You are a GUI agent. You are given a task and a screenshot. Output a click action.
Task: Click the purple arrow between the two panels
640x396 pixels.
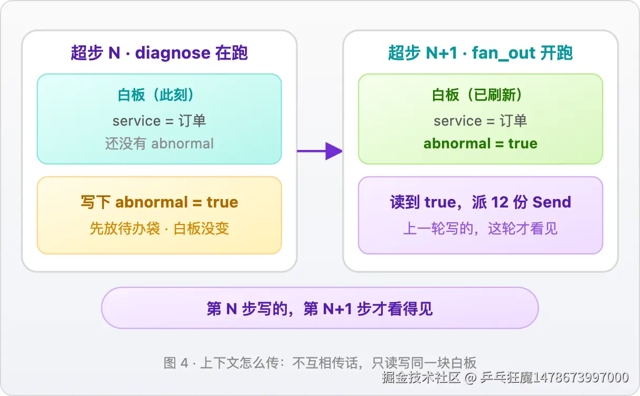(319, 151)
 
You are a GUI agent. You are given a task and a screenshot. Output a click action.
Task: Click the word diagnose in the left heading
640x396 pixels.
(173, 53)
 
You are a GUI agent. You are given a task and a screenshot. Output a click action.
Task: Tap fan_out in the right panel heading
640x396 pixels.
(503, 53)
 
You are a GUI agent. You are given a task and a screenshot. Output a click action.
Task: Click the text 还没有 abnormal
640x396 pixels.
(159, 144)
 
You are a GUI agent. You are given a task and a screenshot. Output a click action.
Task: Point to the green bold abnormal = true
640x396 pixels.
(481, 144)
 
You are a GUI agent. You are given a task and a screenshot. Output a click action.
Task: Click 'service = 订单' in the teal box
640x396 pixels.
(159, 120)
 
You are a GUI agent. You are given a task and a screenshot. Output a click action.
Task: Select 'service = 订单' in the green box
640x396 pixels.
(481, 120)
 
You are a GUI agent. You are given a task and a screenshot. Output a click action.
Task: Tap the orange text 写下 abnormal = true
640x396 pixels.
(159, 202)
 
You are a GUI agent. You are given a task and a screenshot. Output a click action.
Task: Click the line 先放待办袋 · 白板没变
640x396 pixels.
(159, 228)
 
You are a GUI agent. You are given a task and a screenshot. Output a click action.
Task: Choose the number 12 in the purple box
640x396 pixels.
(500, 202)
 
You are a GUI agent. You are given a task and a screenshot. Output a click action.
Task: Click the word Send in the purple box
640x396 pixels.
(552, 202)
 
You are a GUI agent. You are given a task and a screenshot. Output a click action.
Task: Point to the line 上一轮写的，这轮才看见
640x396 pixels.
(481, 228)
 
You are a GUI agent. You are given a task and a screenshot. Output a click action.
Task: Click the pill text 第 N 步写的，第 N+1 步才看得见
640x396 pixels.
(319, 309)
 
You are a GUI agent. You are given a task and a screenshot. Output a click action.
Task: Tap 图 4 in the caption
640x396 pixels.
(176, 363)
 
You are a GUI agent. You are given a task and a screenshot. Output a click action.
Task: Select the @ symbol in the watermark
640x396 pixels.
(470, 378)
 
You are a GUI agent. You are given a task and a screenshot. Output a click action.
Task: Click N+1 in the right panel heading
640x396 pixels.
(441, 53)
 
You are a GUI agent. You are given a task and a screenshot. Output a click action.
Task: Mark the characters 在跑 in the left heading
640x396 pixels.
(231, 53)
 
